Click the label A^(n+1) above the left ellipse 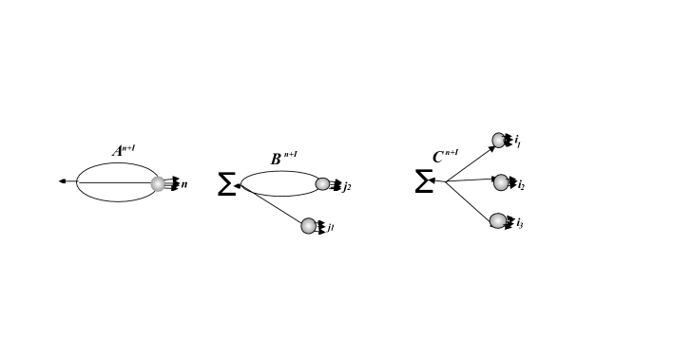click(124, 150)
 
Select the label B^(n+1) click(283, 159)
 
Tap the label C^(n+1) click(445, 157)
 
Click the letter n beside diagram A click(184, 184)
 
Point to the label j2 click(347, 186)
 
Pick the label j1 click(331, 228)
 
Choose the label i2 click(520, 184)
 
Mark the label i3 click(519, 223)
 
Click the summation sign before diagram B click(226, 184)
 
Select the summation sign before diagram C click(424, 181)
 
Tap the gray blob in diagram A click(158, 183)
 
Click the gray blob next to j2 click(322, 184)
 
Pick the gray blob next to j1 click(308, 226)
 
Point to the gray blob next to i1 click(499, 141)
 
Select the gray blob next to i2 click(501, 182)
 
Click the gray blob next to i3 click(498, 220)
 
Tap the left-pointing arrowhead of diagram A click(62, 180)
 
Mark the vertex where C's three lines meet click(445, 180)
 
